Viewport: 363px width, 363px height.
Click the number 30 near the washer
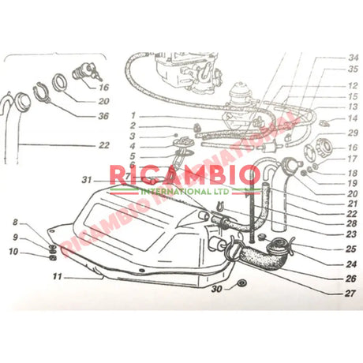[x=215, y=289]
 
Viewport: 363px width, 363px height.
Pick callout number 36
[x=103, y=115]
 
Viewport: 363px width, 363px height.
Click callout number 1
[x=134, y=115]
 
